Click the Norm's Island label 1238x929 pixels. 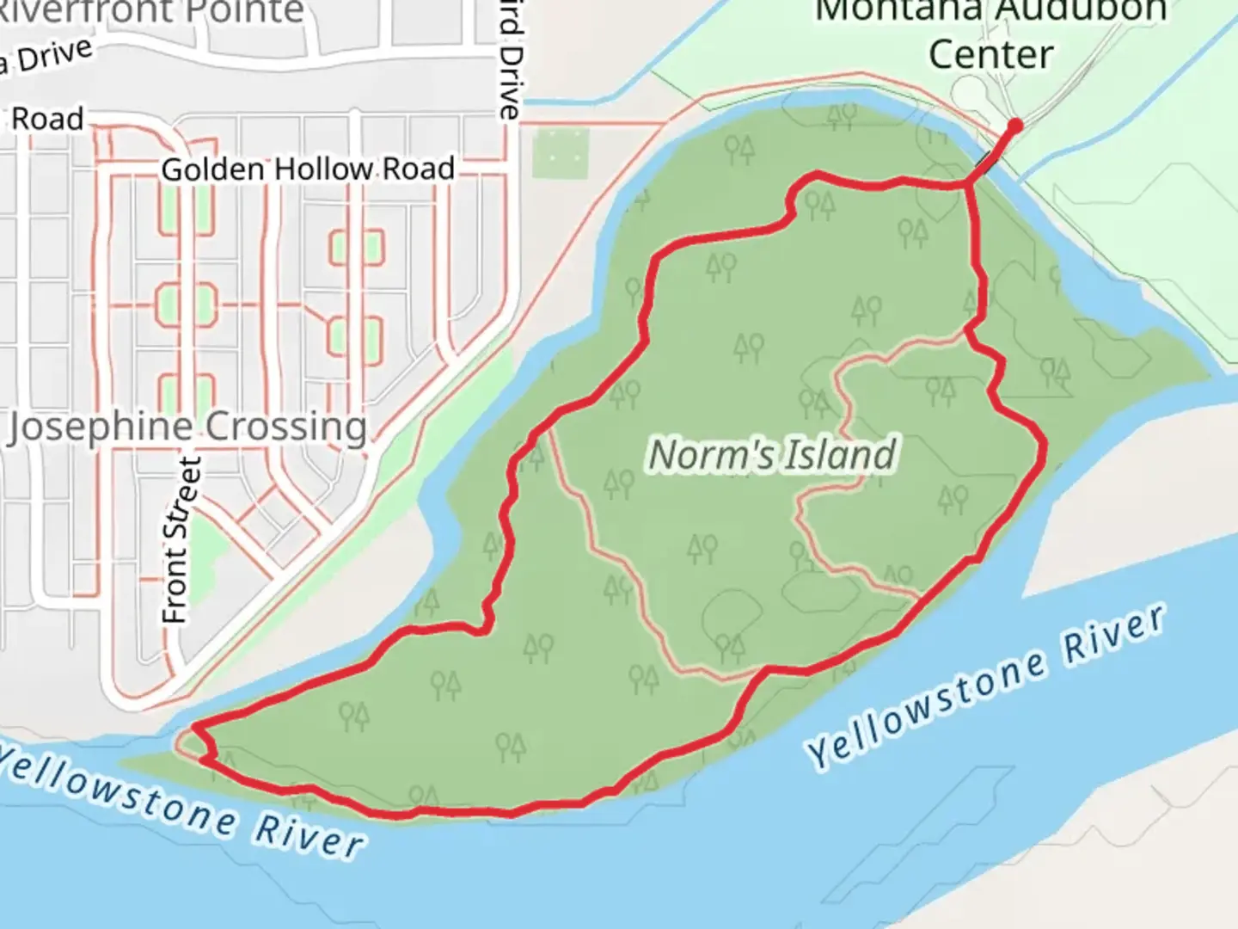[772, 455]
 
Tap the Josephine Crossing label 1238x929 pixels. [187, 427]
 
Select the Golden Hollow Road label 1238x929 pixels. [308, 169]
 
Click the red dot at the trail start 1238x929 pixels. [1014, 126]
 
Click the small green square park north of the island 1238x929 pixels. [560, 152]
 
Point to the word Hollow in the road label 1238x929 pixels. [327, 169]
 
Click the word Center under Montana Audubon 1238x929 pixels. [990, 55]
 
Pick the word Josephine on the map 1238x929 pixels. [101, 428]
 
